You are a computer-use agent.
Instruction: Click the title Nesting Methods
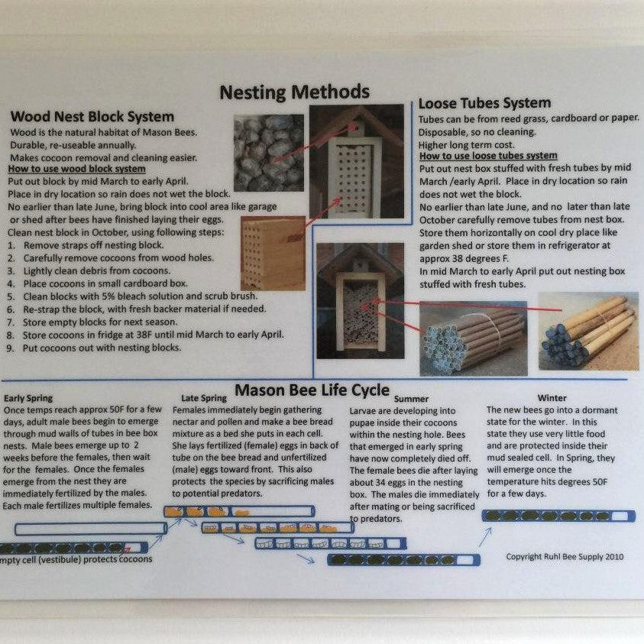tap(294, 92)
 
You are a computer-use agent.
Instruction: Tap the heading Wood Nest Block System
tap(92, 117)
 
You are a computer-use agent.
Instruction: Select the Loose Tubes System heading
tap(484, 103)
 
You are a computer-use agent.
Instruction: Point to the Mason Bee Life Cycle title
tap(312, 390)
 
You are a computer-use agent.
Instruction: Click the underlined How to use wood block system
tap(77, 169)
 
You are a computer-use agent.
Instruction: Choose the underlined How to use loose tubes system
tap(488, 156)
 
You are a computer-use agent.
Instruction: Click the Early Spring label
tap(28, 398)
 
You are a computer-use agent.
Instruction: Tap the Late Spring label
tap(204, 398)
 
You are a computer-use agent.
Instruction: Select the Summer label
tap(411, 399)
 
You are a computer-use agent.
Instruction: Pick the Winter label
tap(552, 398)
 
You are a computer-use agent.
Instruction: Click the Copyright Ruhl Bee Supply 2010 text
tap(565, 557)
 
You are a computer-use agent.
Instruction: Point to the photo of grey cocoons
tap(269, 153)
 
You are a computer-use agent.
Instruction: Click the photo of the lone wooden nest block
tap(273, 253)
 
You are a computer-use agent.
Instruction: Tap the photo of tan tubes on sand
tap(588, 331)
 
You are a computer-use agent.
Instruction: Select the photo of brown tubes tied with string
tap(474, 338)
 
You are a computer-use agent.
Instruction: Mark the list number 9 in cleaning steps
tap(10, 348)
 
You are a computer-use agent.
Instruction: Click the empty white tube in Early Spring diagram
tap(91, 529)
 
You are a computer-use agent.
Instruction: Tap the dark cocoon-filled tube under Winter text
tap(558, 516)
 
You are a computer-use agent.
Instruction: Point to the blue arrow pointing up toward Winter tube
tap(485, 537)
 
